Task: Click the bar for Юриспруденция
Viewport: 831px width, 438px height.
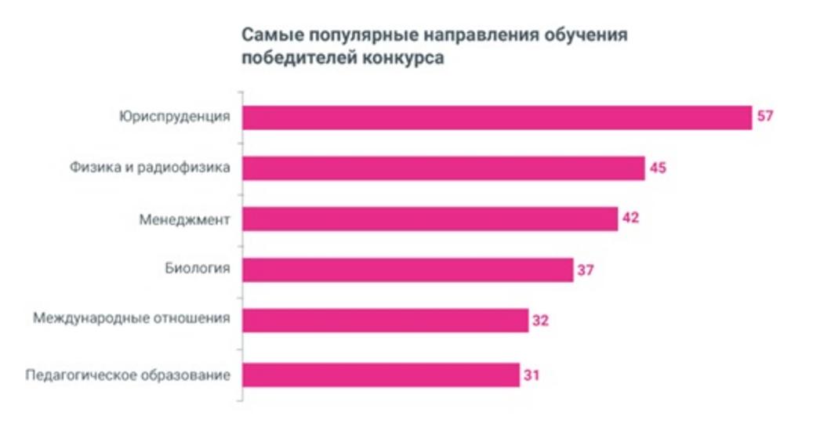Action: [x=496, y=118]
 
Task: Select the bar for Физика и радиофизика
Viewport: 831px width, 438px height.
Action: [x=443, y=168]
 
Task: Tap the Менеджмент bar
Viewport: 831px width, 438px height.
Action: [x=430, y=219]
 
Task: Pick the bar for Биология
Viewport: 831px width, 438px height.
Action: [x=408, y=270]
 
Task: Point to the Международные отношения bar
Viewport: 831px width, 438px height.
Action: [x=385, y=320]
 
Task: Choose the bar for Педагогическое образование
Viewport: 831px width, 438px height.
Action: [x=380, y=375]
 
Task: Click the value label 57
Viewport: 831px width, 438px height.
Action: [x=765, y=118]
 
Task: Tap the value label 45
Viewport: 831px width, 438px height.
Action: [x=658, y=168]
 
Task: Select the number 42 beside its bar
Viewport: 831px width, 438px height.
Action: [x=630, y=219]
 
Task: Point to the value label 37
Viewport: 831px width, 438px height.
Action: [x=586, y=270]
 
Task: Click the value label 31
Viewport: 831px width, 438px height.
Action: [x=532, y=375]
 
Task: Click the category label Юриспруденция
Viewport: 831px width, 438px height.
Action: [x=175, y=118]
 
